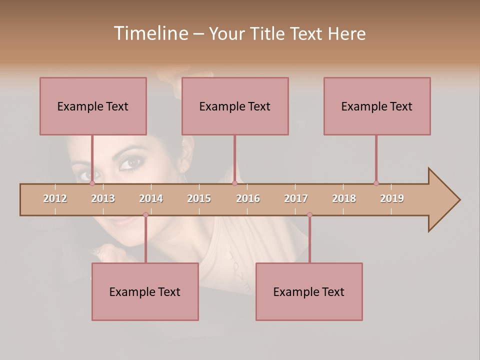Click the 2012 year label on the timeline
(x=55, y=198)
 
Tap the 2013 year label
(x=103, y=198)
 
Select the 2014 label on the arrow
(x=151, y=198)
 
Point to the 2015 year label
(x=199, y=198)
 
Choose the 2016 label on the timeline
(x=248, y=198)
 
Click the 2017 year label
(x=296, y=198)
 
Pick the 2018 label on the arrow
(x=344, y=198)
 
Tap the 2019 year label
(x=392, y=198)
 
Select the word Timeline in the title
(x=150, y=33)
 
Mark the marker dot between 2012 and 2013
(x=92, y=183)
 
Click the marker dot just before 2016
(x=234, y=183)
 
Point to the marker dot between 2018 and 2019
(x=376, y=183)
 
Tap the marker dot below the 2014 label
(x=145, y=215)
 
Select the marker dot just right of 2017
(x=309, y=215)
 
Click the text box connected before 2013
(x=93, y=106)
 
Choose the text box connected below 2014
(x=145, y=291)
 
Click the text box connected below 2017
(x=309, y=291)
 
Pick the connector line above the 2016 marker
(x=234, y=159)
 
